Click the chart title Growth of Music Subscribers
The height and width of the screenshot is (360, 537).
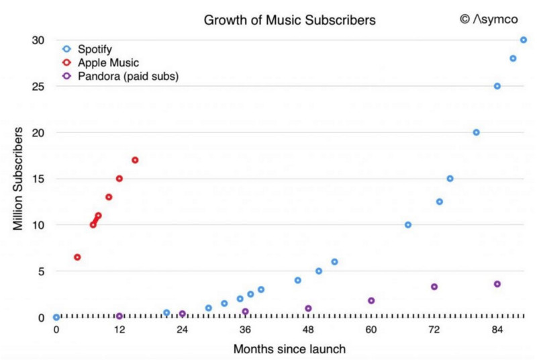click(x=289, y=21)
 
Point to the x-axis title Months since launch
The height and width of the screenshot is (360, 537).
click(x=289, y=349)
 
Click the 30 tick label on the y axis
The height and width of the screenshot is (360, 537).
click(x=38, y=40)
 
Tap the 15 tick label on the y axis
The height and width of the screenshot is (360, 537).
click(x=38, y=179)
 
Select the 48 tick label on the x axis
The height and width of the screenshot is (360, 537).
click(x=308, y=330)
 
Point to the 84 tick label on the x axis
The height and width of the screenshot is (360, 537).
click(x=497, y=330)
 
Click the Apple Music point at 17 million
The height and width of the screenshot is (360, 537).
click(x=135, y=161)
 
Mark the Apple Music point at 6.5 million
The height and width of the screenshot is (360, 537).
click(x=77, y=257)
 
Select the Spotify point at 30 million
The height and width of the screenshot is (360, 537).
click(x=524, y=40)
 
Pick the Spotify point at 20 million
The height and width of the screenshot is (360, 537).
click(x=476, y=132)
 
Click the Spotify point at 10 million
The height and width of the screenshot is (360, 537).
click(x=407, y=225)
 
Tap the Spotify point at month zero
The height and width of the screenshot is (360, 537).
click(x=56, y=317)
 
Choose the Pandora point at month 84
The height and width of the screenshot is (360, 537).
click(x=497, y=284)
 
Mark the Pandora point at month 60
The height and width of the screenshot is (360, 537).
click(x=371, y=301)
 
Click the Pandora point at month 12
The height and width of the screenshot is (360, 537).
click(x=119, y=316)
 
